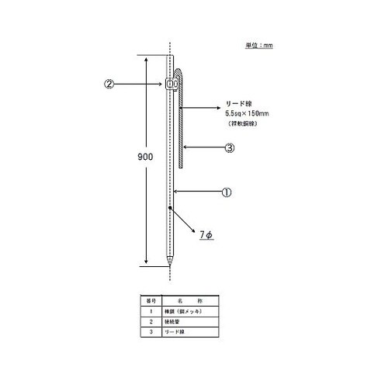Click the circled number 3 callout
click(x=229, y=147)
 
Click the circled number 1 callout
click(x=227, y=191)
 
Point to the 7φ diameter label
click(x=206, y=234)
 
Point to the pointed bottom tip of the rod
click(x=171, y=264)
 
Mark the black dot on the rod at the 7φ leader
click(x=170, y=208)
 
